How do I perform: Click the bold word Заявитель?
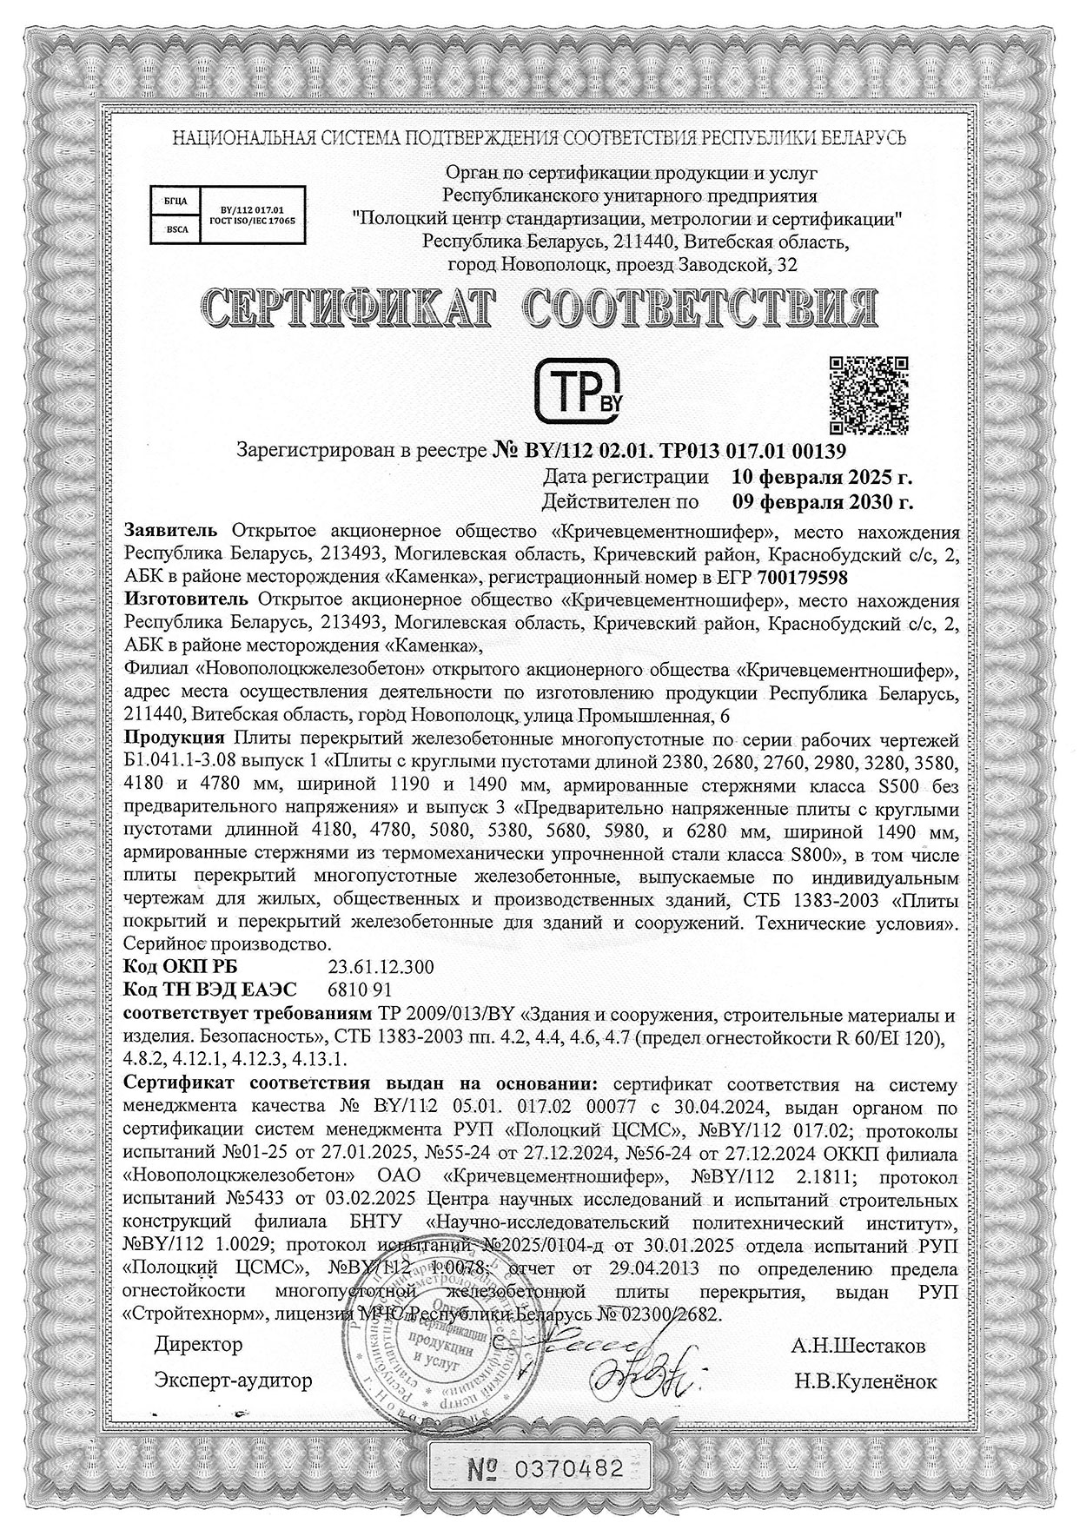[174, 532]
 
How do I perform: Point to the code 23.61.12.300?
[380, 968]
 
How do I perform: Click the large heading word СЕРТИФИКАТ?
[342, 308]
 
